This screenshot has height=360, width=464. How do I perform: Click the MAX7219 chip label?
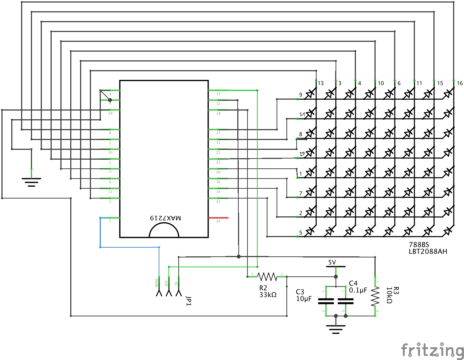(x=165, y=218)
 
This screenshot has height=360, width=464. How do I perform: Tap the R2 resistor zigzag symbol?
(x=267, y=277)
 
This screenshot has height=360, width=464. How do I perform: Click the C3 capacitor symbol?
(x=326, y=301)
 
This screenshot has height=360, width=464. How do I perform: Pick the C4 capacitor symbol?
(x=345, y=301)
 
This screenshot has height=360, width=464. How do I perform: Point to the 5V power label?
(x=332, y=262)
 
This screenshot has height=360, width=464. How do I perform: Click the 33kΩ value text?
(x=268, y=295)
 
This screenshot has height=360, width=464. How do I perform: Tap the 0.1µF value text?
(x=358, y=290)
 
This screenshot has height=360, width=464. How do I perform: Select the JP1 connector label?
(x=189, y=301)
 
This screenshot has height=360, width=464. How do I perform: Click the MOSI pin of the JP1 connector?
(x=159, y=291)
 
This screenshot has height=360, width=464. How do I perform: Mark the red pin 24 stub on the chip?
(x=218, y=218)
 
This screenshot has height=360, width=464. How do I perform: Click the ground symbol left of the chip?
(x=31, y=181)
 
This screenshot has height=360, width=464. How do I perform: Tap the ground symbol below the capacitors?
(x=336, y=329)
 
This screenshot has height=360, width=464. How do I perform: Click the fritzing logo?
(x=432, y=350)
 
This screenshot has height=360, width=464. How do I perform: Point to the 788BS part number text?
(x=419, y=245)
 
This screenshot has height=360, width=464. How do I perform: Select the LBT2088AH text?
(x=428, y=251)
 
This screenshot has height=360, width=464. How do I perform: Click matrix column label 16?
(x=460, y=83)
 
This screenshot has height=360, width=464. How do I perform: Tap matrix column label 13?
(x=321, y=83)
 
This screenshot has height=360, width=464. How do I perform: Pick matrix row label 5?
(x=301, y=233)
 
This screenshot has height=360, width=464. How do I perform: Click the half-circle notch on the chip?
(x=164, y=231)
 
